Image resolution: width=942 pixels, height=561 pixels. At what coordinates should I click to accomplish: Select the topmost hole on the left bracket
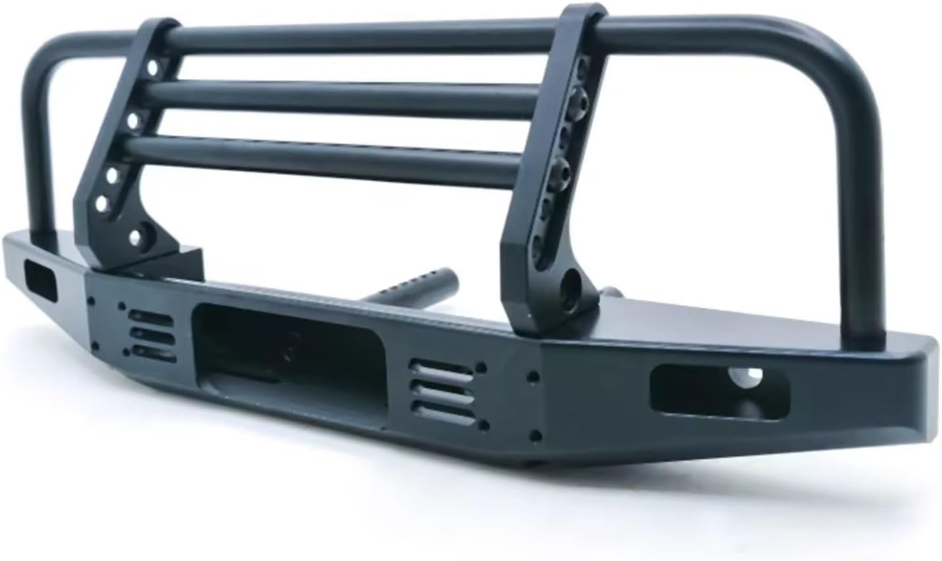tap(152, 68)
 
